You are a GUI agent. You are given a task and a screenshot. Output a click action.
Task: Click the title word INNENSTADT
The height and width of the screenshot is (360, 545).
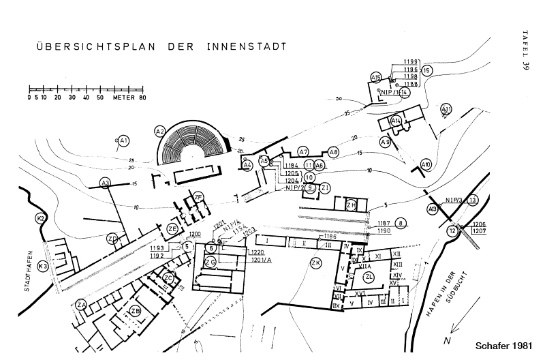point(243,48)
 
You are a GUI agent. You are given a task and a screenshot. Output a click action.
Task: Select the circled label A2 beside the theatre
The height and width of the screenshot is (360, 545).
point(160,131)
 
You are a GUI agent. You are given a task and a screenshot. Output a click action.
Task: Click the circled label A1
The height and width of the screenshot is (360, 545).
point(123,141)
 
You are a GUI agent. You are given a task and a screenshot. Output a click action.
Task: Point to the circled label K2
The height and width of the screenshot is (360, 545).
point(40,218)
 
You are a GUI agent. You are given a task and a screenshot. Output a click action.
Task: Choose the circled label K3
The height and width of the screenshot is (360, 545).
point(42,266)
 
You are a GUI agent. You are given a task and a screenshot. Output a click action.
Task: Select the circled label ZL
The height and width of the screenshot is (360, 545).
point(369,277)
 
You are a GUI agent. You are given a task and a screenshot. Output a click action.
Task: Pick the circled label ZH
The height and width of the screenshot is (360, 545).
point(351,205)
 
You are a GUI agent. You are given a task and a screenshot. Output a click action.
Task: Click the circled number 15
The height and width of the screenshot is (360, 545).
point(426,70)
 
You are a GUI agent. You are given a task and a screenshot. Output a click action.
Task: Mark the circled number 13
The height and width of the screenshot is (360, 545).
point(472,200)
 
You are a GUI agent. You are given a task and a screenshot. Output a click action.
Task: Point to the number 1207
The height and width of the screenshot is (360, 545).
point(479,232)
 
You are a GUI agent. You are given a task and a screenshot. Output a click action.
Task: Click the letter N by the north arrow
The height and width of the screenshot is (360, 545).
point(447,340)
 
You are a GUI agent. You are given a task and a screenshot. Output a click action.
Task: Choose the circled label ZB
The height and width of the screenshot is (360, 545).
point(136,312)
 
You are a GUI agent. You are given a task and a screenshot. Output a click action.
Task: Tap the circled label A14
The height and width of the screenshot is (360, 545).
point(396,121)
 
